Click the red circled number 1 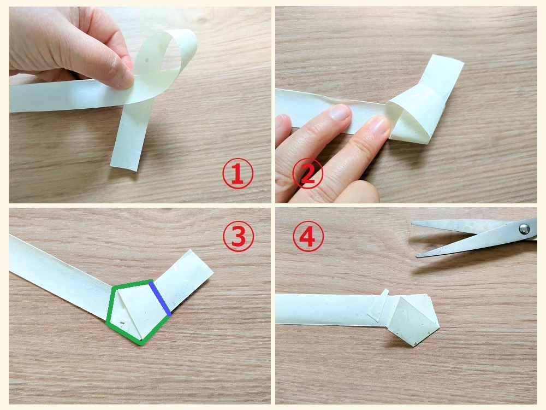[238, 174]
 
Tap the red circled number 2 [307, 174]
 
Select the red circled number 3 [238, 236]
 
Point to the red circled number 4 [308, 236]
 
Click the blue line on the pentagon [160, 298]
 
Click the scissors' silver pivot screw [524, 229]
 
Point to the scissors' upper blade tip [412, 224]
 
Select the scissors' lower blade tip [417, 256]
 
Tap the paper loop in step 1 [164, 56]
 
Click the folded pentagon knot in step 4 [413, 319]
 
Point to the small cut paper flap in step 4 [378, 306]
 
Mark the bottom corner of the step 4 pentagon [414, 346]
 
